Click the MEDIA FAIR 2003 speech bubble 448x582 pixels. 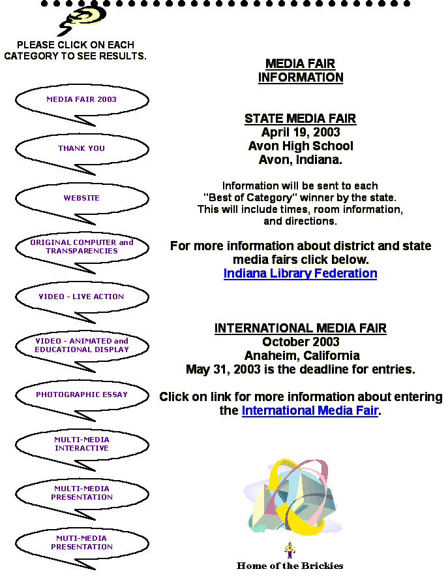(82, 99)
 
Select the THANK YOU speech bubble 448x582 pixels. (82, 148)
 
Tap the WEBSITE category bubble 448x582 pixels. (82, 198)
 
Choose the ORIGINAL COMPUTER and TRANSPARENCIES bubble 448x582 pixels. (82, 247)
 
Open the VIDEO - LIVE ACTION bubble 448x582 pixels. (82, 297)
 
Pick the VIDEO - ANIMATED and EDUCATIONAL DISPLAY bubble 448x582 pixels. (82, 346)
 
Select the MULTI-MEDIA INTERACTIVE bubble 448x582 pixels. (82, 444)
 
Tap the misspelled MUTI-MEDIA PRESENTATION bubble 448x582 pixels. (82, 543)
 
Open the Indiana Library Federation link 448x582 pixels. (300, 274)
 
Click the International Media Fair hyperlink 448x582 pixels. (310, 410)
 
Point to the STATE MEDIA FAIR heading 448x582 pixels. (300, 119)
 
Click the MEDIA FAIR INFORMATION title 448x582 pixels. (301, 71)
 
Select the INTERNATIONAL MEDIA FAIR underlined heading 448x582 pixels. (301, 329)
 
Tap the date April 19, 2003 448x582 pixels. (301, 133)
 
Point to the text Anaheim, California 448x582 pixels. (302, 356)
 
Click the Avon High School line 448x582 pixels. (301, 146)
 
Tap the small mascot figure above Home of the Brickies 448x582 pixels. (290, 550)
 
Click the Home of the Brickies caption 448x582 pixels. (290, 566)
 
